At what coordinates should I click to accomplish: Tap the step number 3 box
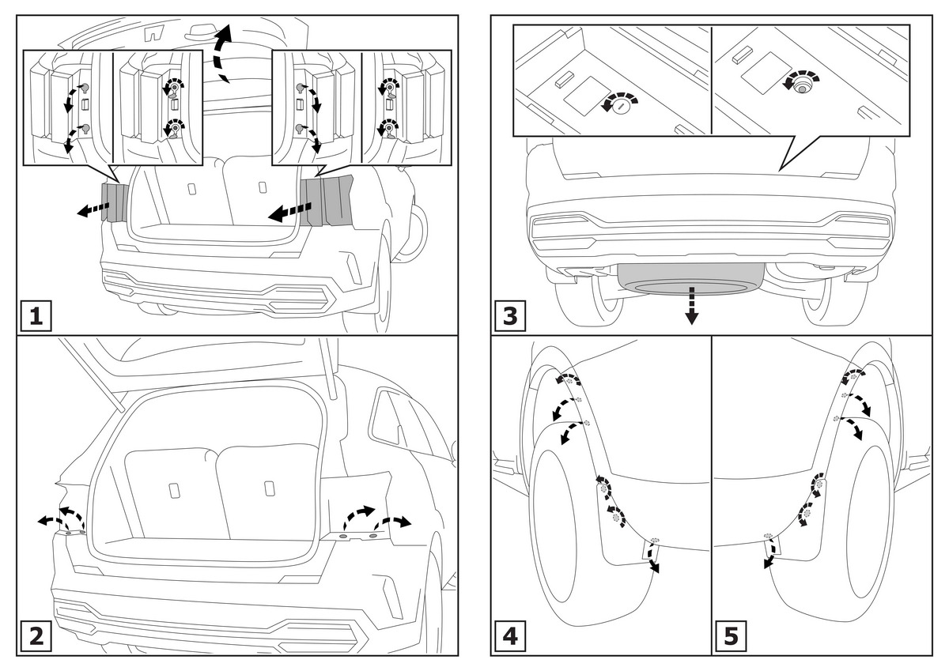tap(509, 316)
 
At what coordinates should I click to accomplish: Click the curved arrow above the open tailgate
tap(222, 52)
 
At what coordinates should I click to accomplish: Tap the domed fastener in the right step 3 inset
tap(802, 88)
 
